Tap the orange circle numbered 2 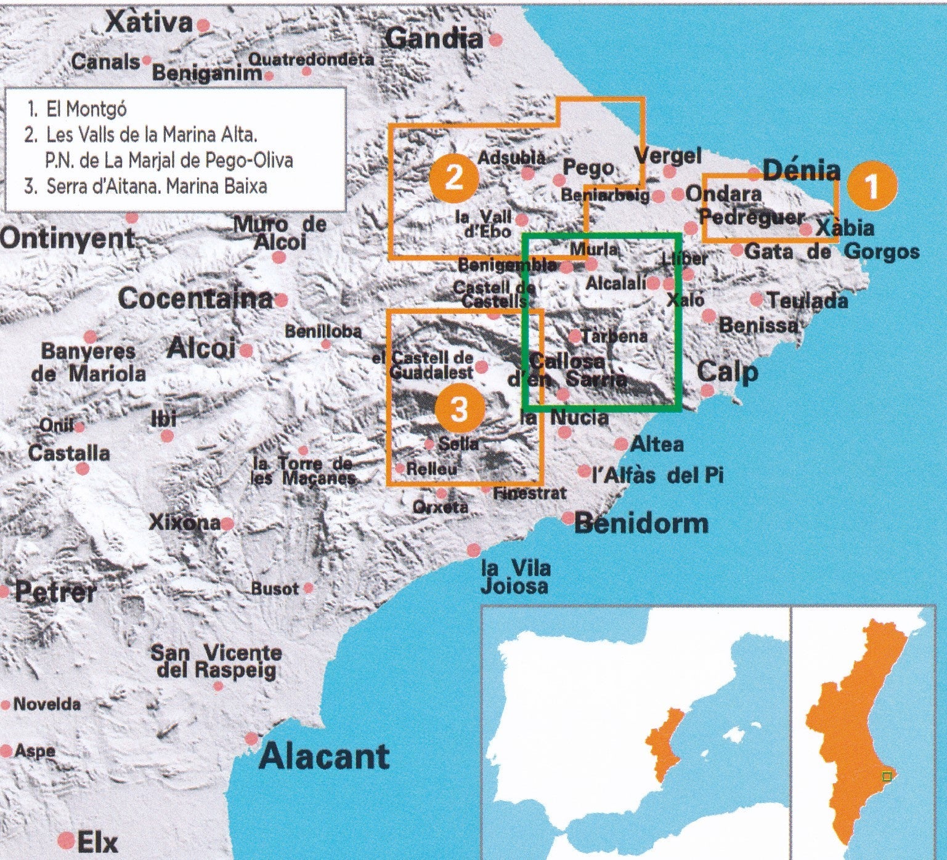tap(454, 178)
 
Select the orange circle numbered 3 tap(459, 409)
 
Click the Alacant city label tap(323, 757)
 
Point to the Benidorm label tap(641, 524)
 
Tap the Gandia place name tap(434, 39)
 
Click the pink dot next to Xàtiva tap(203, 25)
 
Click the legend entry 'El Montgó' tap(86, 110)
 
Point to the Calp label tap(727, 372)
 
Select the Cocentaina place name tap(195, 299)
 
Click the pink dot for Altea tap(621, 444)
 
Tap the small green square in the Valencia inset tap(887, 777)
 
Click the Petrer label tap(55, 592)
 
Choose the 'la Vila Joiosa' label tap(514, 577)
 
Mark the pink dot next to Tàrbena tap(574, 336)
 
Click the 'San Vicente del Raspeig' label tap(216, 661)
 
